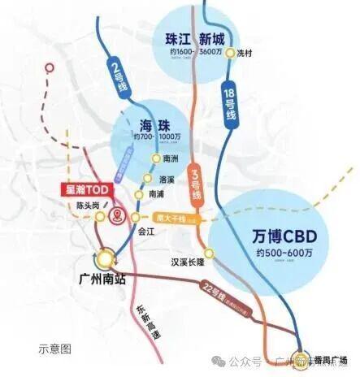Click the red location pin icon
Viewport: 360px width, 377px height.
[x=119, y=215]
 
